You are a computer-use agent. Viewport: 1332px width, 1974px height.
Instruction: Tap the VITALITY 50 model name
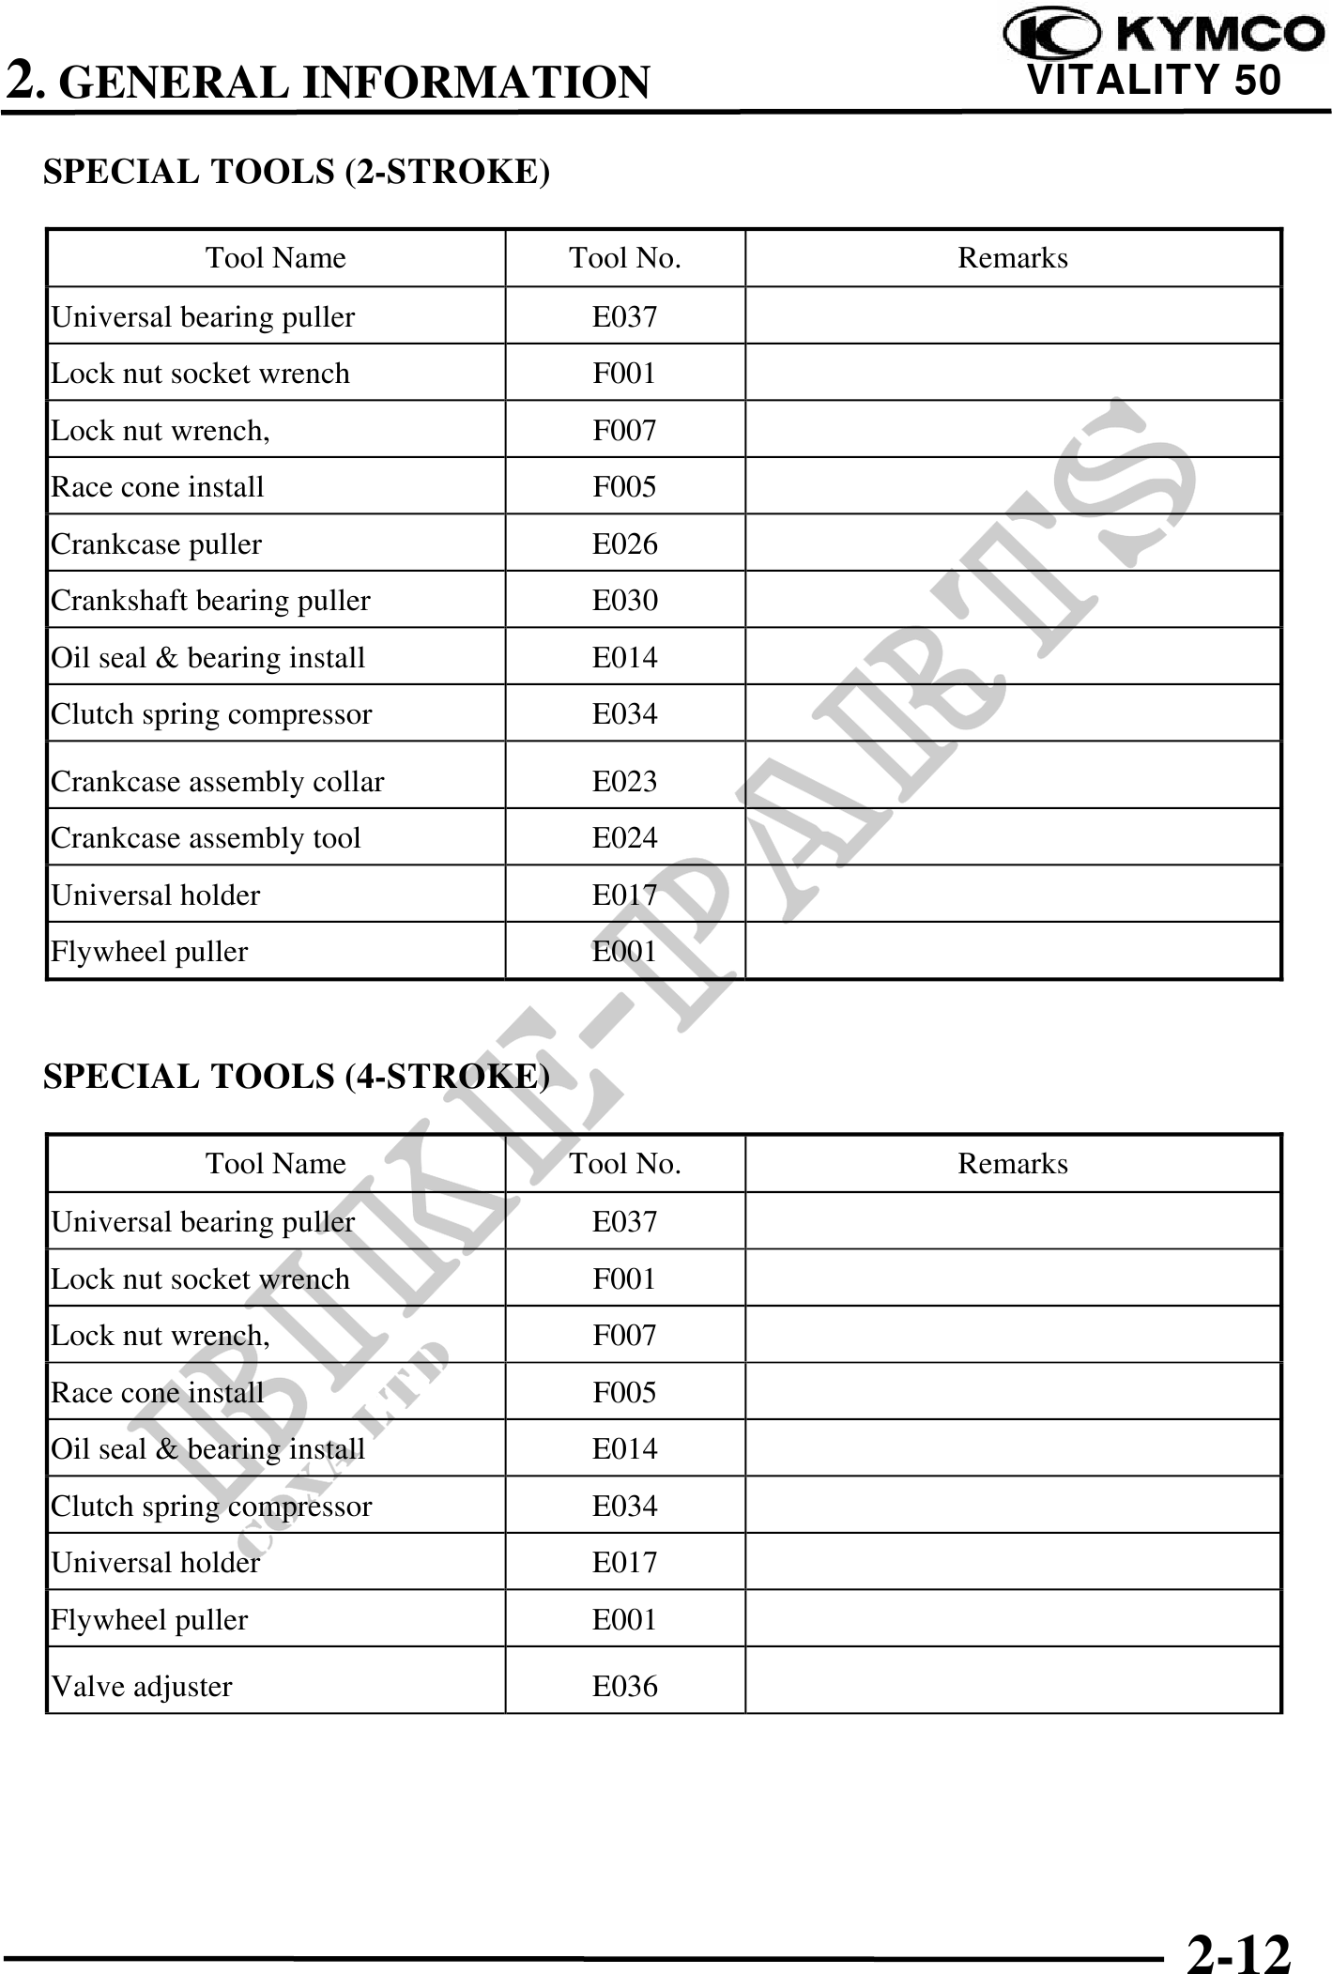tap(1154, 80)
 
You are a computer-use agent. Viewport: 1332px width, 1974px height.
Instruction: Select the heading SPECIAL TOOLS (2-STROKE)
tap(297, 172)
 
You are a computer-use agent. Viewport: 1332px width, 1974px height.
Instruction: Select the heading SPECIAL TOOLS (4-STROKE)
tap(297, 1076)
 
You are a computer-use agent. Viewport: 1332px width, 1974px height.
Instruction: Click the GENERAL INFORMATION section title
tap(359, 83)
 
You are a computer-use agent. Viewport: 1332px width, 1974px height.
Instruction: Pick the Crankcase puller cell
tap(156, 544)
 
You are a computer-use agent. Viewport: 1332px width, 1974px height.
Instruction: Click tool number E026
tap(624, 544)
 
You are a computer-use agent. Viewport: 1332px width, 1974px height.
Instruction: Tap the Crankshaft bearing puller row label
tap(210, 601)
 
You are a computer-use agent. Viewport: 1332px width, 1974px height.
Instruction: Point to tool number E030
tap(624, 601)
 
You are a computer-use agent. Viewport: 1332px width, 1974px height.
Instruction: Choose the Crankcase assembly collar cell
tap(217, 782)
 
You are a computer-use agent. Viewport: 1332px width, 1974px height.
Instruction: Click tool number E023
tap(624, 782)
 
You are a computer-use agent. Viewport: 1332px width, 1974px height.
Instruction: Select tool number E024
tap(624, 838)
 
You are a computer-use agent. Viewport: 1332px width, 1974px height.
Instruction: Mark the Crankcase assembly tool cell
tap(206, 838)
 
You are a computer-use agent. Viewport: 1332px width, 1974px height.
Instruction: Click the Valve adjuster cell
tap(141, 1687)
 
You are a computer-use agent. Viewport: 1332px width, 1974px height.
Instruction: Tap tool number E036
tap(624, 1687)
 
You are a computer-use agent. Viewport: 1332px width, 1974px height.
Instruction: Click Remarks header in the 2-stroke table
tap(1012, 258)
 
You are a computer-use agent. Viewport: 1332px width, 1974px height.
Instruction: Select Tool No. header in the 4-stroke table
tap(624, 1164)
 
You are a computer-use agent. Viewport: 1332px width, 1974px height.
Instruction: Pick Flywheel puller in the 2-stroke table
tap(149, 952)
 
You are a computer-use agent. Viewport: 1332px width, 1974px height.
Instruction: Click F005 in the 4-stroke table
tap(624, 1393)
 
